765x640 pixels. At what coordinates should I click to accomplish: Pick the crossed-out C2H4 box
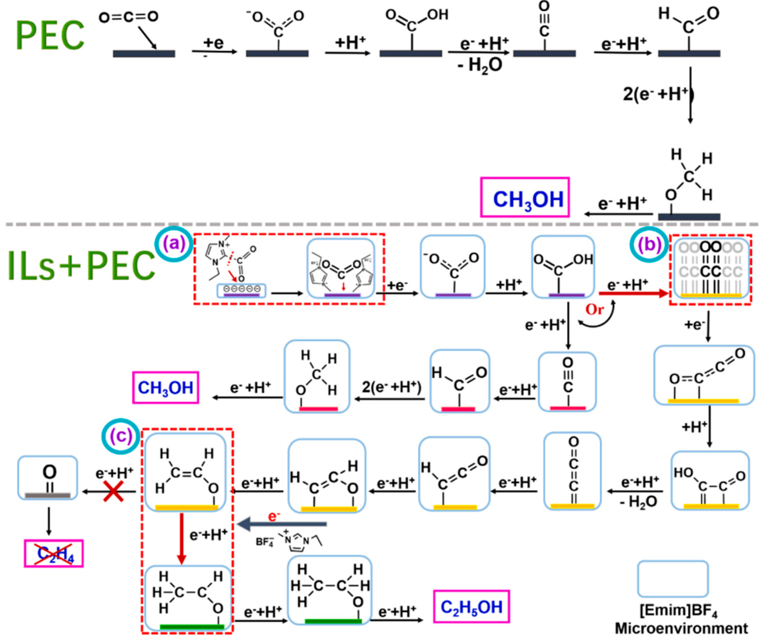click(54, 554)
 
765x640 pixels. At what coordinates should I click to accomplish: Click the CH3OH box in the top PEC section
click(525, 197)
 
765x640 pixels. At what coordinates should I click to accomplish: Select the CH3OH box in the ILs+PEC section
click(165, 387)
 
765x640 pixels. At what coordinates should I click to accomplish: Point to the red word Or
click(594, 309)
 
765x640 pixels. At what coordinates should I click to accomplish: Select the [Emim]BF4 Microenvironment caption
click(681, 619)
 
